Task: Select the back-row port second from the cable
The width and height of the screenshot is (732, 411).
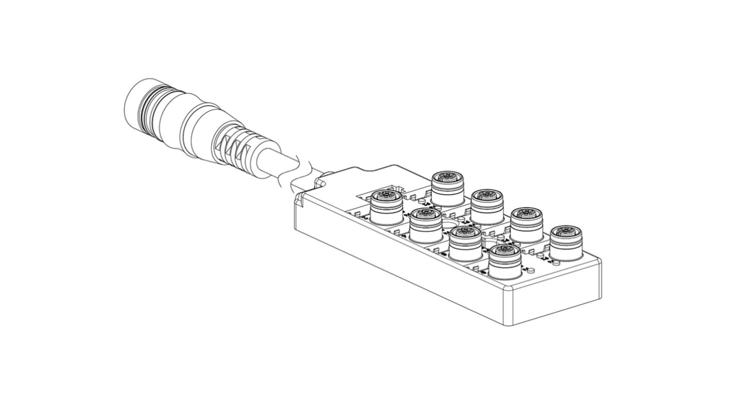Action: [x=486, y=205]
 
